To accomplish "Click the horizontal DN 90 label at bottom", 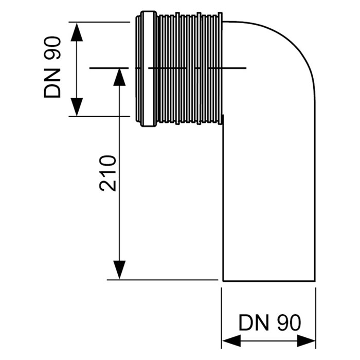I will pos(269,323).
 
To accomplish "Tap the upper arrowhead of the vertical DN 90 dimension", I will pos(76,32).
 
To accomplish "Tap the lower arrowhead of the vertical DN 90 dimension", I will pos(76,106).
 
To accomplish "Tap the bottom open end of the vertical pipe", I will pos(268,281).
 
